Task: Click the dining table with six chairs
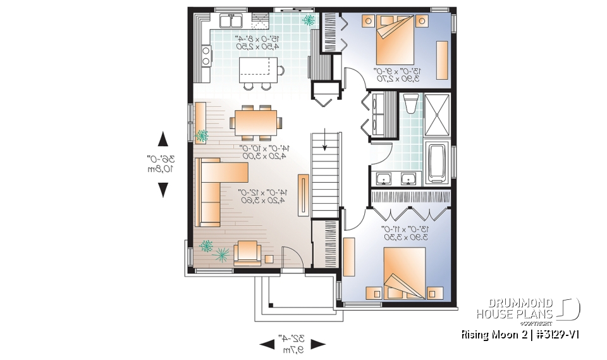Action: click(x=256, y=120)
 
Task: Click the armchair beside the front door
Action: click(x=247, y=252)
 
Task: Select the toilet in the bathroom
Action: click(x=409, y=104)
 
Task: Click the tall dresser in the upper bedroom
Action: click(x=441, y=59)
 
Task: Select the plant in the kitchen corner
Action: click(x=309, y=21)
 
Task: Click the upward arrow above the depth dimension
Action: click(x=163, y=139)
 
